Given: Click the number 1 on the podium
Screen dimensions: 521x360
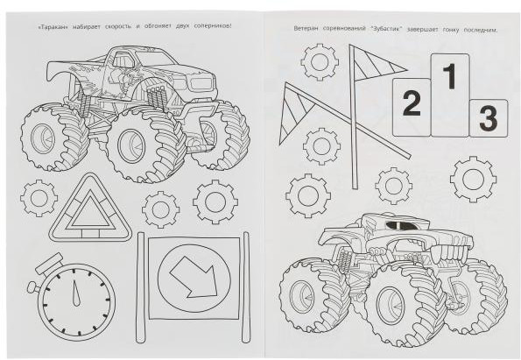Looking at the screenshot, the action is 450,76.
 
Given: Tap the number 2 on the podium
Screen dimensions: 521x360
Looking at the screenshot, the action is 412,103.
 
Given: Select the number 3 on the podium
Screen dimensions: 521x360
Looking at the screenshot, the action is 488,118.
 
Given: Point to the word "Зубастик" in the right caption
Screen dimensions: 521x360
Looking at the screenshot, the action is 386,29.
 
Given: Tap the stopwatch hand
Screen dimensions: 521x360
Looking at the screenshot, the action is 76,293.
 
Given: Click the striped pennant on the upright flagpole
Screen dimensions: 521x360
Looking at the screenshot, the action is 377,63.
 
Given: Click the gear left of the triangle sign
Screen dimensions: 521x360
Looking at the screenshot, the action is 39,199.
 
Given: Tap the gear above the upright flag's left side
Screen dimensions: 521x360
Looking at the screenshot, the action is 320,62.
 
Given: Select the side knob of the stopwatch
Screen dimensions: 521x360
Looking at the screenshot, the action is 32,286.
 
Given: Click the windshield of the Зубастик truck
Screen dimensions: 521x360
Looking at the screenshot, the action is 399,225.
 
